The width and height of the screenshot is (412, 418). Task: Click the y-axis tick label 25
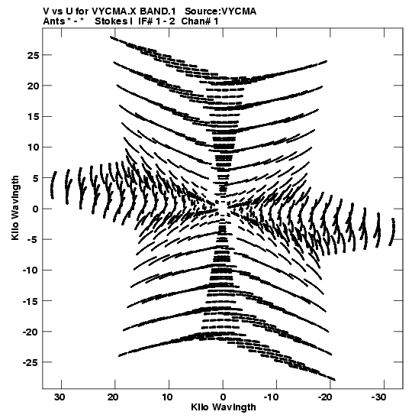click(x=33, y=56)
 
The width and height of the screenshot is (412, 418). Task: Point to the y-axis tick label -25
click(x=31, y=362)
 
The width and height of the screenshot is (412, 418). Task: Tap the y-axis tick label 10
click(x=33, y=147)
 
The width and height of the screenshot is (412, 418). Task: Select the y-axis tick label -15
click(x=31, y=301)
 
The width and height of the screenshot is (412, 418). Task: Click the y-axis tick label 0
click(x=36, y=209)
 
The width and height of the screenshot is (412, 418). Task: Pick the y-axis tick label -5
click(x=34, y=240)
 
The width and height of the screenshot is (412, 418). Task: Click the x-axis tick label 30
click(x=60, y=397)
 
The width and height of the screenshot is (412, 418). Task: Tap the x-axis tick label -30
click(x=378, y=397)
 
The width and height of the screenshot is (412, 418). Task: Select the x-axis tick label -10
click(x=271, y=397)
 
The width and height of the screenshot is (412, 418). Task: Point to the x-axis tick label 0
click(x=223, y=397)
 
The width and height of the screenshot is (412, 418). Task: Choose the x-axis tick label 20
click(x=114, y=397)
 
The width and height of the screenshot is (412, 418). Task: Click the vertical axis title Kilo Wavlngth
click(x=15, y=208)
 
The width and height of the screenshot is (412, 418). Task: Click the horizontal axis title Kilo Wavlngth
click(x=224, y=407)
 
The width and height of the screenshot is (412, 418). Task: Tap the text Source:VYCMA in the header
click(x=220, y=11)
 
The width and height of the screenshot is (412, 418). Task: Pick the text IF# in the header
click(x=146, y=21)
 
